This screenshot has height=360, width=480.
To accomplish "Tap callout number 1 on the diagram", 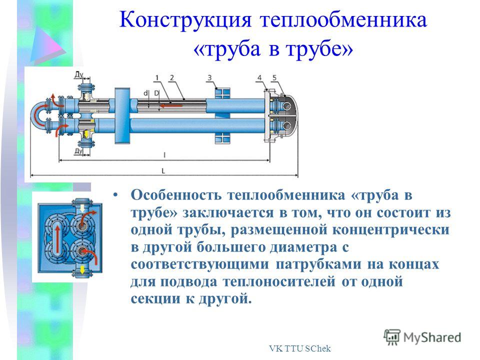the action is click(x=157, y=78).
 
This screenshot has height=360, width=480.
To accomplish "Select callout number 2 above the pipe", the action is click(x=171, y=78).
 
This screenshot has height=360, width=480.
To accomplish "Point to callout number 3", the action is click(x=209, y=78).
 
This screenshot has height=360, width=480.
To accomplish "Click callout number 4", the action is click(x=259, y=78).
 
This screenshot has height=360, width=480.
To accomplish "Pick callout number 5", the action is click(x=274, y=78).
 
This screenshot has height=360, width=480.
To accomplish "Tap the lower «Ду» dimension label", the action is click(x=78, y=151).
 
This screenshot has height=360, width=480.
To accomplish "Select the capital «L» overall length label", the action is click(x=163, y=171).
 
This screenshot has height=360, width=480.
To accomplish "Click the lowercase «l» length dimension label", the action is click(x=164, y=155).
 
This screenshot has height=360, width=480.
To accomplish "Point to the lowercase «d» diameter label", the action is click(x=146, y=93).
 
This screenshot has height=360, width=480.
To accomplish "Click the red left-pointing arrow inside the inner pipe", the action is click(x=171, y=106).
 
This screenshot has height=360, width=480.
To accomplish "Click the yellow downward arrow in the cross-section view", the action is click(x=82, y=270).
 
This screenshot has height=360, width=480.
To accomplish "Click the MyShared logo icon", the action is click(x=392, y=337).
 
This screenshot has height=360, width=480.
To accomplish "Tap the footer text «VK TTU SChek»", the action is click(x=300, y=348).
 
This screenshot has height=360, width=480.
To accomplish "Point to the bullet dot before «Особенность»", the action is click(x=115, y=195).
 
